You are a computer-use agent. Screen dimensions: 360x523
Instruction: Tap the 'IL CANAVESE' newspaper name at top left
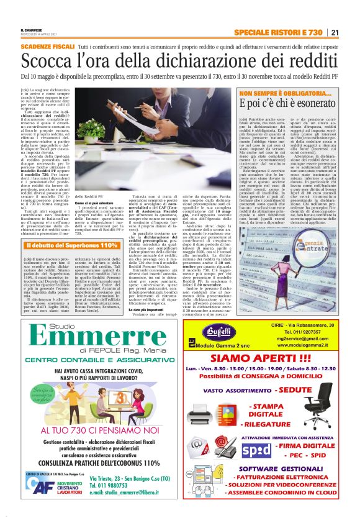pyautogui.click(x=32, y=29)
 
